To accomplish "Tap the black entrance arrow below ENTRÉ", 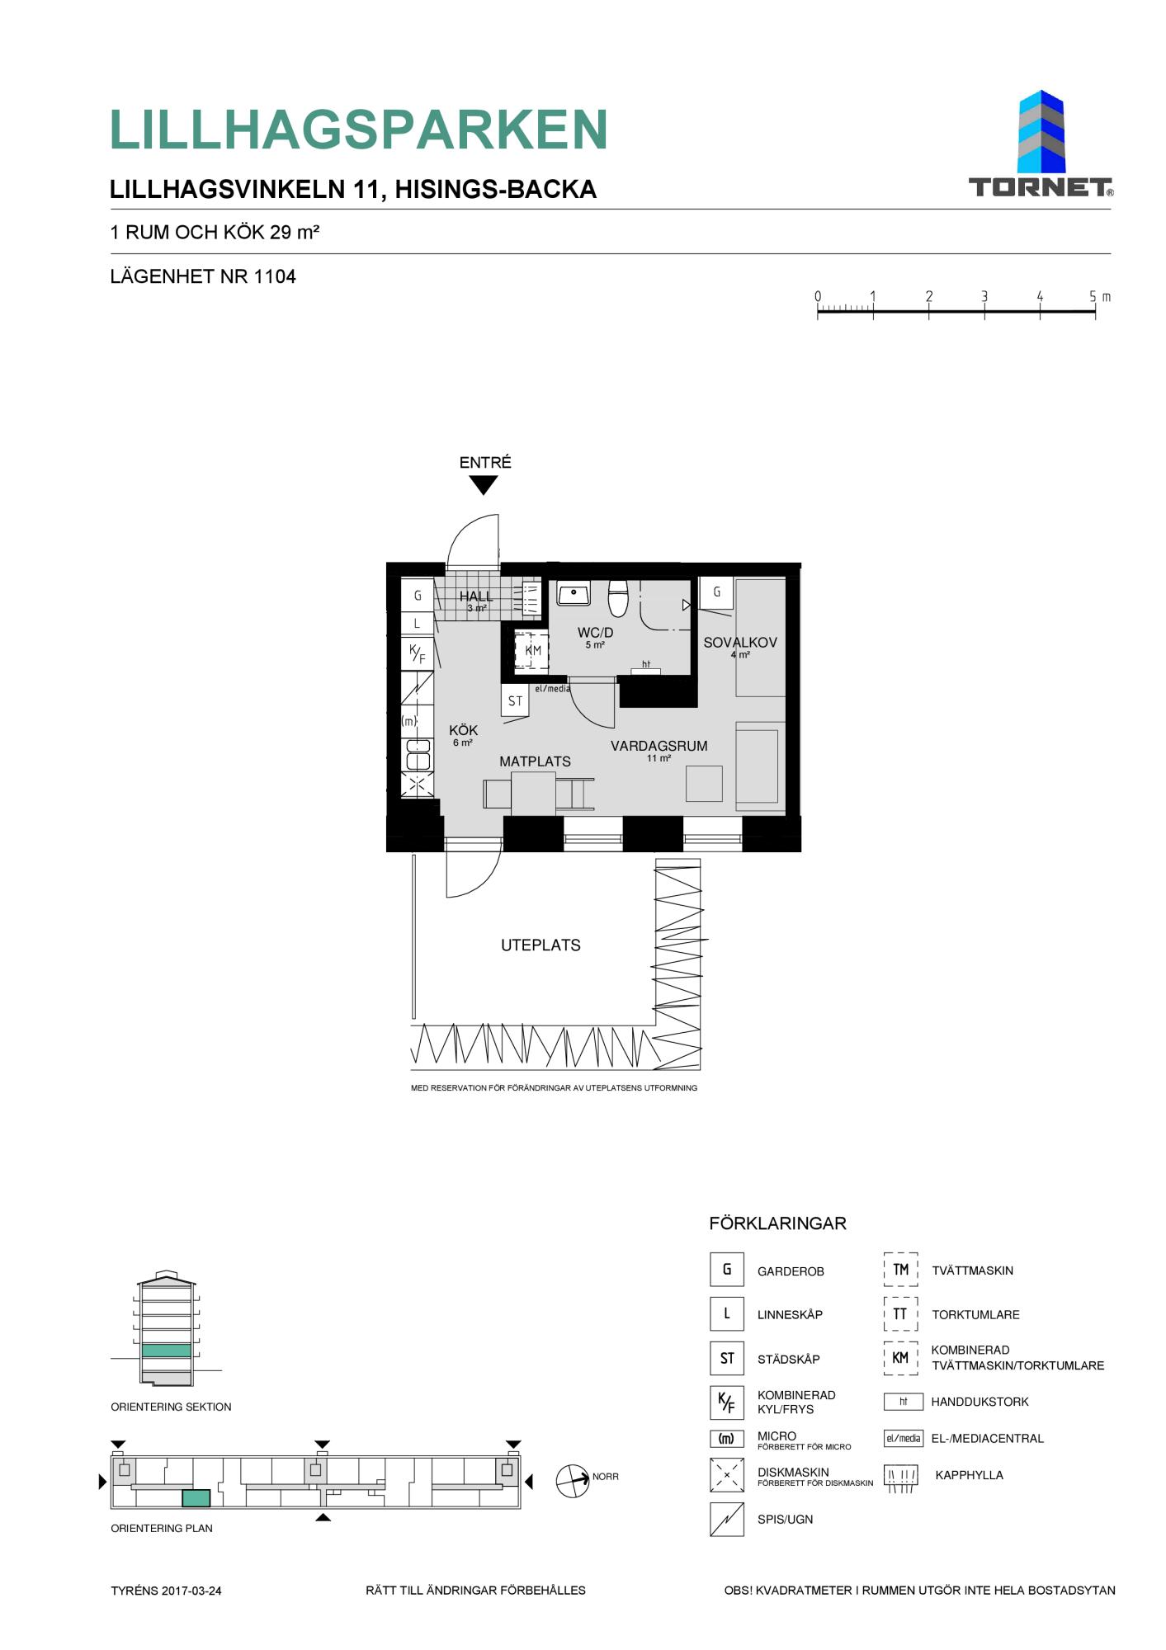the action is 484,486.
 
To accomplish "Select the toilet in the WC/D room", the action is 618,598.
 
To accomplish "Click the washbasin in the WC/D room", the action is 574,592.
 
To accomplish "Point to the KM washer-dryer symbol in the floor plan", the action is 531,650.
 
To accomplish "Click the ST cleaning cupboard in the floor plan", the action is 515,700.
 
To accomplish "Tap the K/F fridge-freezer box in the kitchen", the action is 418,654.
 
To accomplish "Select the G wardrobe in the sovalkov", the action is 716,592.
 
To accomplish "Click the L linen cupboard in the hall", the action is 418,624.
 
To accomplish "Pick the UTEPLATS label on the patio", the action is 541,945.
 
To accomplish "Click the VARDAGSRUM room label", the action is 659,746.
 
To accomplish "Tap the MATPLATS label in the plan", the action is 535,761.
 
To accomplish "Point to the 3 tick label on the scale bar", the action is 984,297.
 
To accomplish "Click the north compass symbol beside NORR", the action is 573,1481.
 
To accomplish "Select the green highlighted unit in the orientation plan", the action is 196,1498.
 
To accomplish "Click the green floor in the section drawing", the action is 166,1351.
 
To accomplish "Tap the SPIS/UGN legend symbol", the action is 726,1519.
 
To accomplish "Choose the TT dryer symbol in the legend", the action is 900,1314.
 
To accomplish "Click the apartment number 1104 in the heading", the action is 275,276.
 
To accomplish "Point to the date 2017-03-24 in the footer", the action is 191,1591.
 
